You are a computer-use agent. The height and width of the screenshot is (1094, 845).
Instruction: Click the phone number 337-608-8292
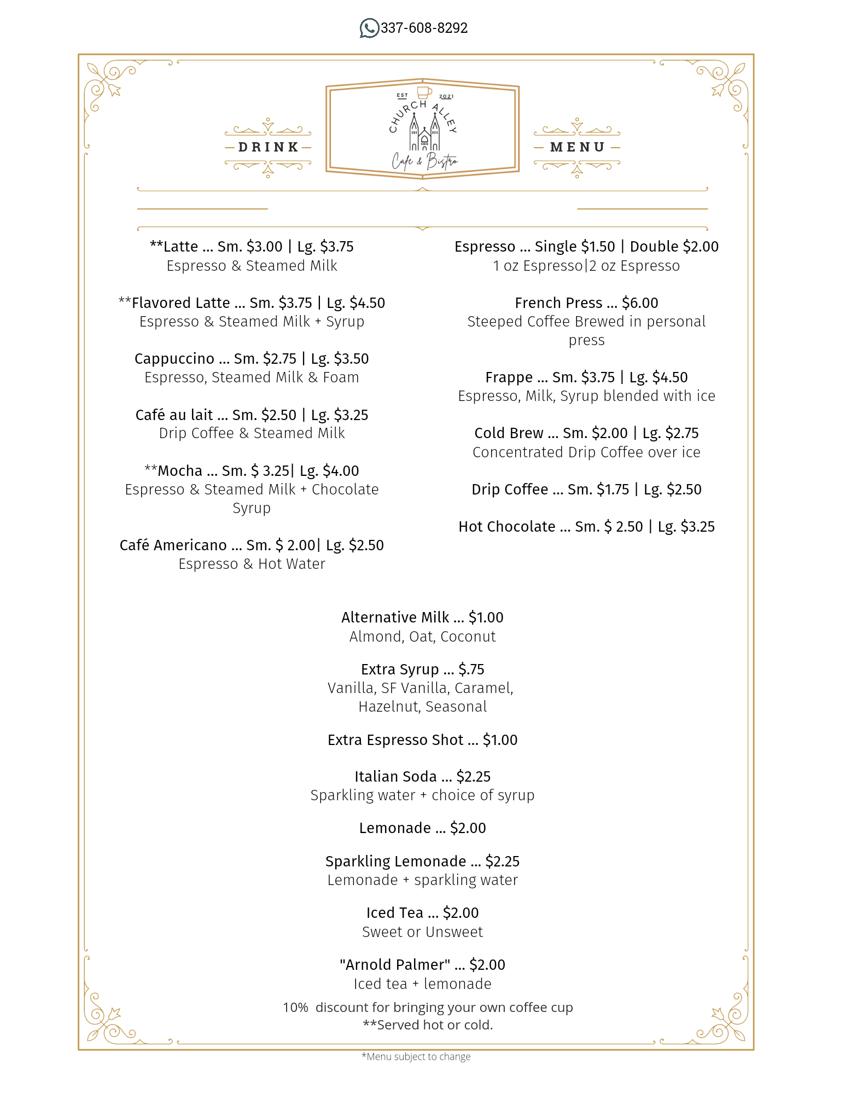point(424,28)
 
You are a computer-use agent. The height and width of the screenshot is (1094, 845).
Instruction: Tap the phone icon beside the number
point(369,28)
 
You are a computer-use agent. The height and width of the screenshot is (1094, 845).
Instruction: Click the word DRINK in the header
point(268,147)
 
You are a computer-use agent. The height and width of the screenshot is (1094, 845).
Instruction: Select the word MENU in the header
point(578,147)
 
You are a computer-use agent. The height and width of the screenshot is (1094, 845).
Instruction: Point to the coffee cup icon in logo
point(424,92)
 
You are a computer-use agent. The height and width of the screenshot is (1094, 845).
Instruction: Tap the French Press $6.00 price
point(640,303)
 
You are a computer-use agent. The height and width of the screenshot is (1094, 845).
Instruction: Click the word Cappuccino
point(174,359)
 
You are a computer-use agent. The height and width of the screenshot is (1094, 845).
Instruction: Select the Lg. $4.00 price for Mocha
point(329,471)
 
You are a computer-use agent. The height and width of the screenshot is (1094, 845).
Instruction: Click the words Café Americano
point(173,545)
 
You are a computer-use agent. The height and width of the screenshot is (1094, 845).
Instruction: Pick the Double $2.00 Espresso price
point(674,247)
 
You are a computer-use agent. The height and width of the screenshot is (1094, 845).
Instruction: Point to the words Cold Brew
point(509,433)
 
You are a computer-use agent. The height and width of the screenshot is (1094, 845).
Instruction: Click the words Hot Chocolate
point(506,527)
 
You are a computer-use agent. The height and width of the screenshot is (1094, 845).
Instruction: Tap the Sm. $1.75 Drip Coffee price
point(598,490)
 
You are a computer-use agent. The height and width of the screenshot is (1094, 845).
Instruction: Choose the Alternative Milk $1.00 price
point(486,618)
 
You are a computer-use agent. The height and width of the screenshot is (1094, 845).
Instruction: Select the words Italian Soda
point(395,777)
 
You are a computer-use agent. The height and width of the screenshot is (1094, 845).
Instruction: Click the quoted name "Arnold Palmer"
point(395,965)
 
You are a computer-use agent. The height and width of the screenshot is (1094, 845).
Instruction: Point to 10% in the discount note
point(295,1008)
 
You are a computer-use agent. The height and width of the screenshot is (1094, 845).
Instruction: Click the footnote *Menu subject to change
point(416,1057)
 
